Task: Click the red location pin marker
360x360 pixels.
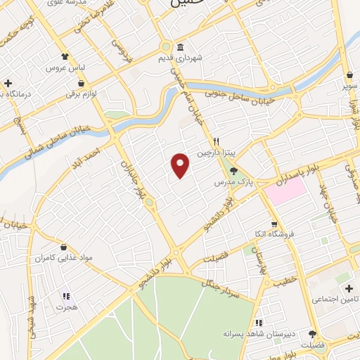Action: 181,165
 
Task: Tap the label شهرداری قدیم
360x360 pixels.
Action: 180,58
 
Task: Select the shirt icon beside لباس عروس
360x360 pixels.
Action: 65,56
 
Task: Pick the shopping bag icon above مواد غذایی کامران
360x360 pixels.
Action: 65,247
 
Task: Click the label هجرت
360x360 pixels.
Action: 67,308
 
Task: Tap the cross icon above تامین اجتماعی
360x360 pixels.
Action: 349,288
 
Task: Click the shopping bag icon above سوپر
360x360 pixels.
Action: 350,75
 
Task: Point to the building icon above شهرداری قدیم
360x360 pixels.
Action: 180,46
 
